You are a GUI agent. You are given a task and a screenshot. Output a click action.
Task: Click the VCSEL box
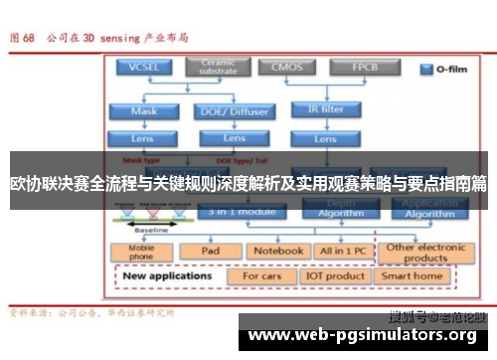point(143,69)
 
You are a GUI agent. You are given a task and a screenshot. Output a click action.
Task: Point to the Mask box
point(143,111)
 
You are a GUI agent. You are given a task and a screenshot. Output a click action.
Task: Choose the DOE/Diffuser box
point(234,111)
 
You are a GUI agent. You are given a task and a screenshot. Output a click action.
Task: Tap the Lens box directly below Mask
point(143,137)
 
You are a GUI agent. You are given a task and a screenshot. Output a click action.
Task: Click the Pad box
point(210,252)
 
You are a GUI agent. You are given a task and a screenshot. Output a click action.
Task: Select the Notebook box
point(276,252)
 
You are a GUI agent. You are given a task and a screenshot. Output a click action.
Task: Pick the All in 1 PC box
point(341,252)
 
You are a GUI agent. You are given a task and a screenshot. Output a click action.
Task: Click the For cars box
point(262,275)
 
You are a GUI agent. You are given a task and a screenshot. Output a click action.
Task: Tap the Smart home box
point(414,275)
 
